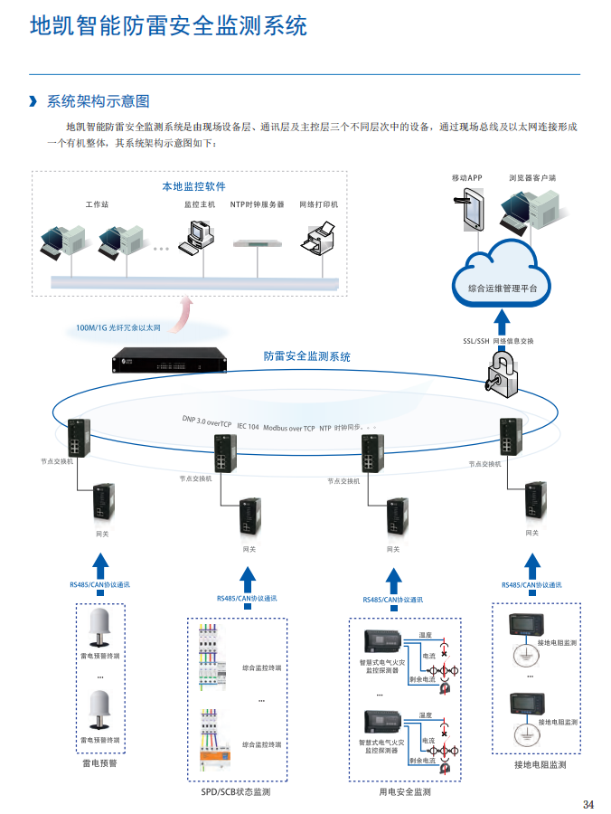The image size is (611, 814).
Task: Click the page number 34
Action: click(x=588, y=804)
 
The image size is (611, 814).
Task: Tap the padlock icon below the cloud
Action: click(x=502, y=374)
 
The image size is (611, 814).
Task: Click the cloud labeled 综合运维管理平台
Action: click(x=502, y=271)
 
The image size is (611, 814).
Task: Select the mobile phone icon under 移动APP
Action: click(x=471, y=211)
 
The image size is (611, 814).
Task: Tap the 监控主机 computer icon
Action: click(x=199, y=234)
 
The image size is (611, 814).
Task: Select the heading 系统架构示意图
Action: click(x=98, y=101)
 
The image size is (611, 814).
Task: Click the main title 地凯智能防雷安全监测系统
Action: click(x=169, y=26)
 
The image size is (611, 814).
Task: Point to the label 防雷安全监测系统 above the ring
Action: click(x=307, y=356)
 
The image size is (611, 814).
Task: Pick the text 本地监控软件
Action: click(x=193, y=186)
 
